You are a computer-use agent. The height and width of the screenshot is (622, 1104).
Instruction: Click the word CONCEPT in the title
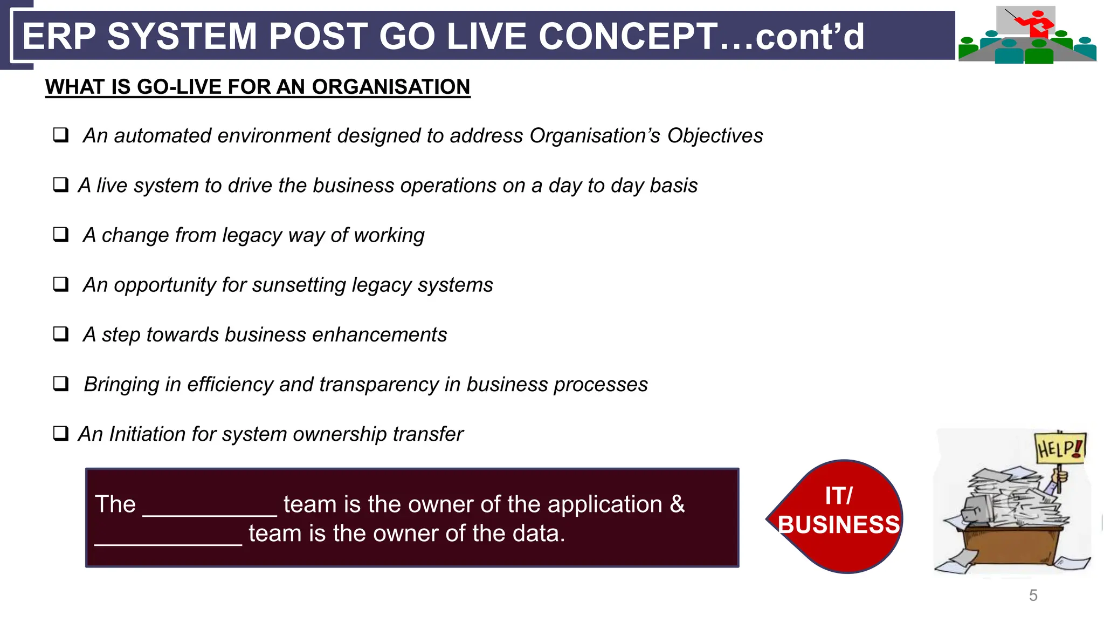[628, 36]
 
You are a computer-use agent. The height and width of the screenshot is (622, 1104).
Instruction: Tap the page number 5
[1033, 595]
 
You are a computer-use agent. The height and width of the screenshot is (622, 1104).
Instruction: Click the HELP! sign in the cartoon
[1059, 448]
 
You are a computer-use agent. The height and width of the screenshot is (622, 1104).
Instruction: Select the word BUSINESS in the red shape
[839, 525]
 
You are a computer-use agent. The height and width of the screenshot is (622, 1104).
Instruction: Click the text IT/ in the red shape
[839, 496]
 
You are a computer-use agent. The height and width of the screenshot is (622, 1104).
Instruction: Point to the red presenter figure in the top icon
[1038, 24]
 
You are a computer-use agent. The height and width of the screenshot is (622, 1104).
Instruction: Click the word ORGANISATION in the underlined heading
[391, 87]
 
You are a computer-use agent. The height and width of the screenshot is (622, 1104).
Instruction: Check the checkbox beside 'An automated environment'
[61, 134]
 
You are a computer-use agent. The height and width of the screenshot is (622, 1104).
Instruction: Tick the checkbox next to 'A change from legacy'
[61, 234]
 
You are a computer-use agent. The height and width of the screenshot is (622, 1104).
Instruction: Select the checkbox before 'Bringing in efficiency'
[61, 384]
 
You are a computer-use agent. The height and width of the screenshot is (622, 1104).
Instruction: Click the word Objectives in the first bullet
[715, 136]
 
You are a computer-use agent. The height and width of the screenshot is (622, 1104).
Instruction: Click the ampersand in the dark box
[677, 504]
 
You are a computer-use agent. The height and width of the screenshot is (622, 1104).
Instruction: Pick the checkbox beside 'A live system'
[61, 184]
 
